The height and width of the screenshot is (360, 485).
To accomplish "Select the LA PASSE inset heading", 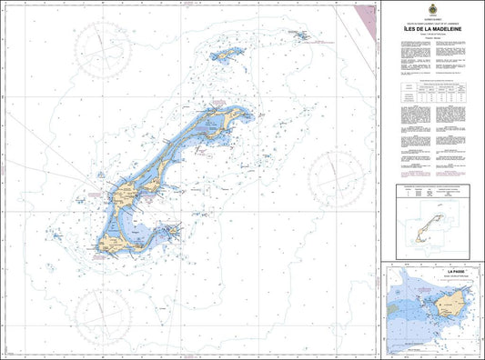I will (x=431, y=270).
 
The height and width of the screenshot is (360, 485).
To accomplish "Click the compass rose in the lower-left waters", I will (x=101, y=308).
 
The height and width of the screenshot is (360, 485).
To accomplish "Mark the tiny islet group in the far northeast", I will (x=302, y=37).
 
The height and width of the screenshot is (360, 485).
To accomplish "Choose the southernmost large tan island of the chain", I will (x=117, y=243).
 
